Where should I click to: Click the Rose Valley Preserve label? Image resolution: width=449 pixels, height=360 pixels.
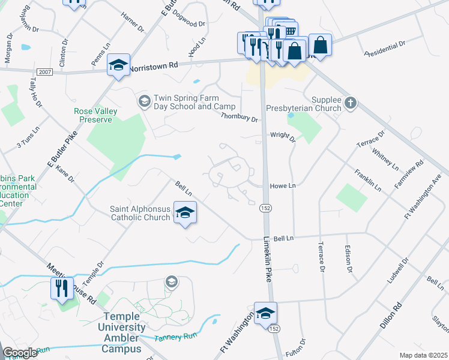93,115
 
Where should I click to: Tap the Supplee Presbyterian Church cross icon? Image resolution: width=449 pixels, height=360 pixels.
351,104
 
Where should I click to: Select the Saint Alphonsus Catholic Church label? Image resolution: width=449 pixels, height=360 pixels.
140,213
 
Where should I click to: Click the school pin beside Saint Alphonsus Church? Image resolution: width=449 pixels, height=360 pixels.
185,213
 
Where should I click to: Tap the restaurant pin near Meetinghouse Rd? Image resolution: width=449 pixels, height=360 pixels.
62,289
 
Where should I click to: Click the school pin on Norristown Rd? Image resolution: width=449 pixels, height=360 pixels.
118,65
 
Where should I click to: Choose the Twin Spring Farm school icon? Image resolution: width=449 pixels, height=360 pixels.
144,100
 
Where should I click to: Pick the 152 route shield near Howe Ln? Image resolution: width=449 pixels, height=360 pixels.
265,208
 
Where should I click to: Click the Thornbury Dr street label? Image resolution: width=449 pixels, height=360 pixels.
239,118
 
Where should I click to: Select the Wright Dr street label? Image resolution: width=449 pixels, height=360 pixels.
282,137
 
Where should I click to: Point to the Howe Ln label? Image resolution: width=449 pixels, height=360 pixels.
283,186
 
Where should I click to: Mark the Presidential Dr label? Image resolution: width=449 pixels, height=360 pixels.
385,48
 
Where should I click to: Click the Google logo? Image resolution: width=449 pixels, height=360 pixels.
20,353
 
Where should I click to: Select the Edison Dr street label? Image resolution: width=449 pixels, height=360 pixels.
348,258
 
